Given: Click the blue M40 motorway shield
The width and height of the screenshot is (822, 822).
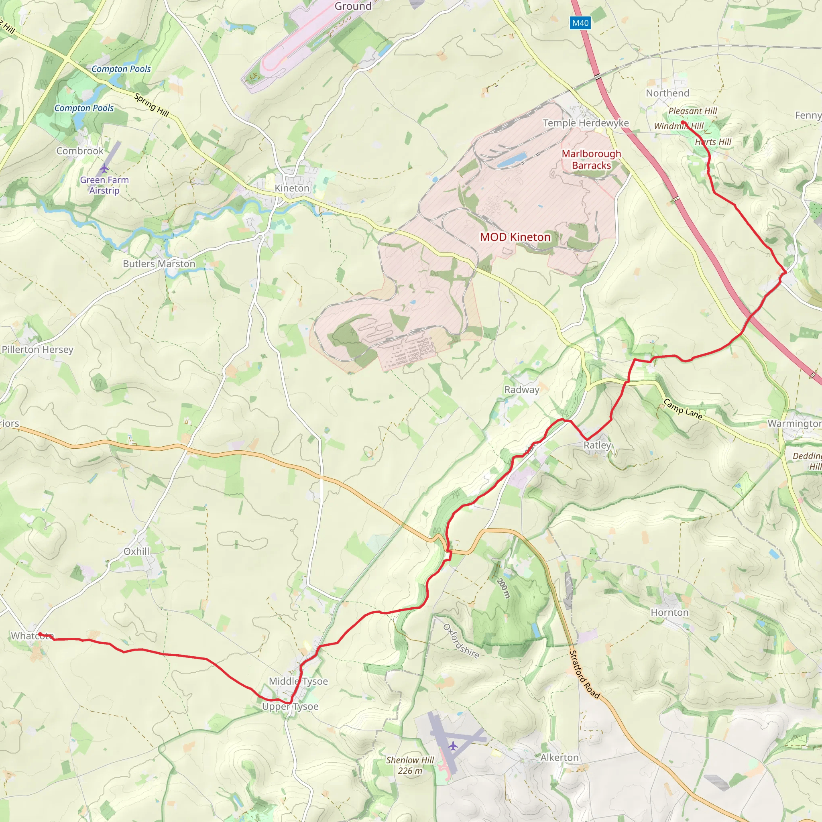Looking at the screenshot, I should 580,23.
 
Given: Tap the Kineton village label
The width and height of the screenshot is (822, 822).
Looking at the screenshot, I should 292,188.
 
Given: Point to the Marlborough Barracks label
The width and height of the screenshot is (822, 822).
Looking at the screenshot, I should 591,160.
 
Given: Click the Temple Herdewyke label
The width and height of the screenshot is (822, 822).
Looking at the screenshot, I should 586,123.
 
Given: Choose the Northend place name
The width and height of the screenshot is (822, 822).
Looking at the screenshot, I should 667,93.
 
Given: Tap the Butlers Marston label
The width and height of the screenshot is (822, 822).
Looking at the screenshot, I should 159,264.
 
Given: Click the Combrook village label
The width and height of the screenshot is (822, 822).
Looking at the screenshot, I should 80,151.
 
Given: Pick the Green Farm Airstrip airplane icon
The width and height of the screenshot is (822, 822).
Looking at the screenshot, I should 104,169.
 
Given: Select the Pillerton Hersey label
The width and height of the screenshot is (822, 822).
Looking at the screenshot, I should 37,350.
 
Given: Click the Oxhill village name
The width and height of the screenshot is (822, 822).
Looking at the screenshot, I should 136,551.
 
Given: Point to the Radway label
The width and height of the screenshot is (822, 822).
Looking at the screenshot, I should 522,390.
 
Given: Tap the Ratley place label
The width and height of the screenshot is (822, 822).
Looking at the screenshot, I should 597,445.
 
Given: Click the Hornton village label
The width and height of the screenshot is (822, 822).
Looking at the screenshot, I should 669,612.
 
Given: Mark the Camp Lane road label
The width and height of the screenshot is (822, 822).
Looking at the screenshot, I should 682,409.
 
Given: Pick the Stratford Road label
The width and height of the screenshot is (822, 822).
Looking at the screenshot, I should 584,675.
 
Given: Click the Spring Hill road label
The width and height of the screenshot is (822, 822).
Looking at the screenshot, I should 151,105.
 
